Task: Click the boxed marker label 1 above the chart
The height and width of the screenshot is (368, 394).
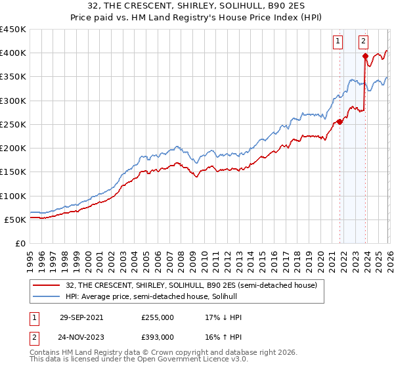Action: tap(338, 41)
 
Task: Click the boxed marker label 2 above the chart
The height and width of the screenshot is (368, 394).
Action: tap(363, 41)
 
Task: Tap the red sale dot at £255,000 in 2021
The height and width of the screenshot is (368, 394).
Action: tap(339, 122)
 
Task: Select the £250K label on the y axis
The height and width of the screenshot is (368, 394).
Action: tap(13, 124)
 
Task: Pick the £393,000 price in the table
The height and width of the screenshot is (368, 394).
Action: tap(158, 336)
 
